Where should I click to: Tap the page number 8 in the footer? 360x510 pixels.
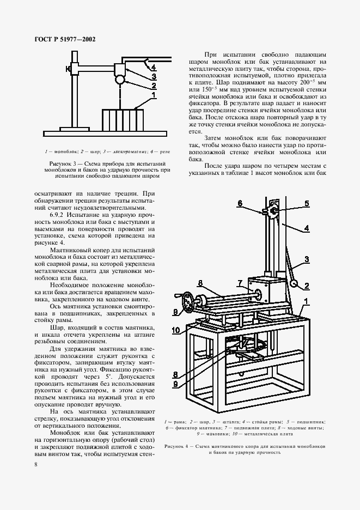pyautogui.click(x=35, y=464)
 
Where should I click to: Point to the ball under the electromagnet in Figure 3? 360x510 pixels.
pyautogui.click(x=119, y=80)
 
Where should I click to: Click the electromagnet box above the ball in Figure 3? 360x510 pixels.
pyautogui.click(x=119, y=69)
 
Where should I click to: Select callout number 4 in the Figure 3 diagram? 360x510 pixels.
pyautogui.click(x=154, y=68)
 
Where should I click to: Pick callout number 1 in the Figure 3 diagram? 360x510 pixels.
pyautogui.click(x=154, y=95)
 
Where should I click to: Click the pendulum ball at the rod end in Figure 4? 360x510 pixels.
pyautogui.click(x=294, y=283)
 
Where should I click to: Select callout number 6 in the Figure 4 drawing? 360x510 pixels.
pyautogui.click(x=239, y=203)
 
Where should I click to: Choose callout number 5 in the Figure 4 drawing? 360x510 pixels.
pyautogui.click(x=307, y=203)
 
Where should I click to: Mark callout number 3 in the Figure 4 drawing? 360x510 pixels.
pyautogui.click(x=307, y=259)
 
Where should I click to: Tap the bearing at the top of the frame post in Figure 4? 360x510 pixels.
pyautogui.click(x=276, y=211)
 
